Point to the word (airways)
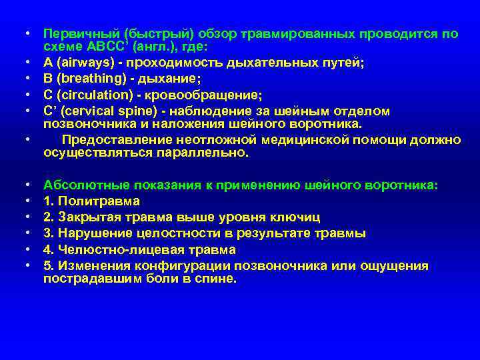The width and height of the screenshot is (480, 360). click(84, 63)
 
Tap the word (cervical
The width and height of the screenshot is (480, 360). click(86, 111)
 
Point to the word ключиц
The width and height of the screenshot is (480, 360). click(297, 217)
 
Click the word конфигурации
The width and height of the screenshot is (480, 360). click(166, 266)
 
